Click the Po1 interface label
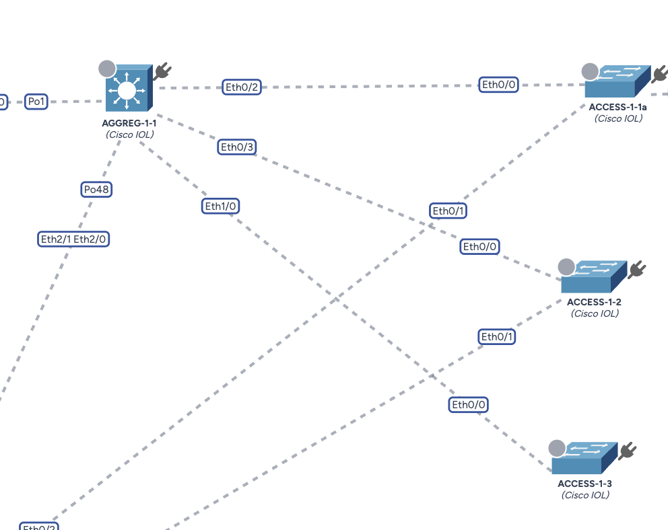[x=36, y=102]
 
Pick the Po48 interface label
[x=96, y=190]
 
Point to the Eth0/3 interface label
[x=238, y=147]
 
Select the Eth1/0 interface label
[x=221, y=206]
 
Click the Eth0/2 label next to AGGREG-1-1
[x=242, y=87]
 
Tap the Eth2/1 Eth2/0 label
[x=73, y=239]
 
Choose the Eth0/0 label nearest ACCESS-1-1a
[x=499, y=84]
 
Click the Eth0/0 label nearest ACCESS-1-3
[x=469, y=404]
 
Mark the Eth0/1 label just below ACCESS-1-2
[x=497, y=336]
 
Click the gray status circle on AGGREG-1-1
[x=107, y=69]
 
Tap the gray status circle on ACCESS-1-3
[x=557, y=449]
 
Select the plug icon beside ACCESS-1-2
[x=636, y=270]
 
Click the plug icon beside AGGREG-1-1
[x=162, y=71]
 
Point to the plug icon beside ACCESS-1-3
[x=628, y=450]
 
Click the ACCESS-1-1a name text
[x=617, y=108]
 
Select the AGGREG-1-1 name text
[x=129, y=123]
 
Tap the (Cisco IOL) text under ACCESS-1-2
[x=595, y=313]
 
